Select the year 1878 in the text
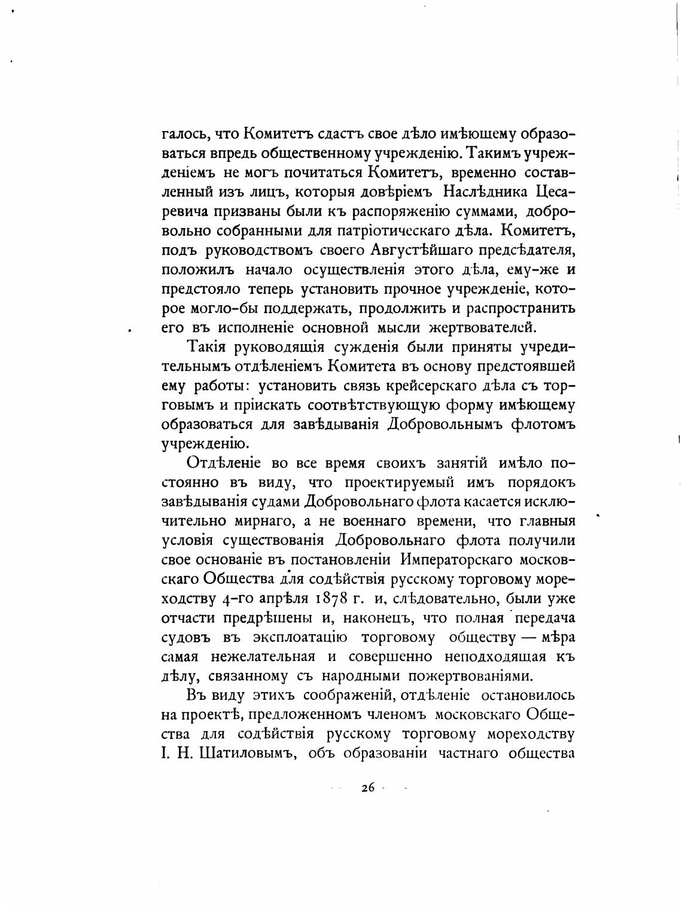(x=328, y=598)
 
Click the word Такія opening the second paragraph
(x=207, y=347)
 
